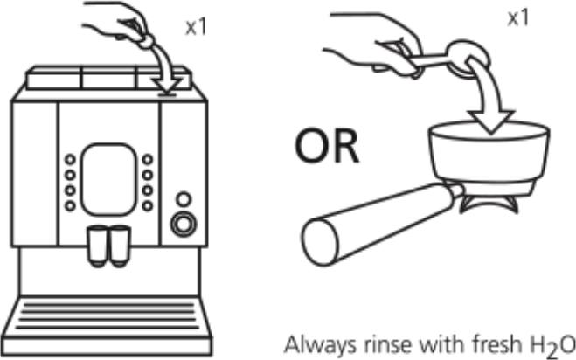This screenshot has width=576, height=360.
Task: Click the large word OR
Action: (x=327, y=145)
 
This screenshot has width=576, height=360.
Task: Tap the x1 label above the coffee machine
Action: (x=196, y=27)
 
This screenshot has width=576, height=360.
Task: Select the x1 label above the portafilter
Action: (x=518, y=17)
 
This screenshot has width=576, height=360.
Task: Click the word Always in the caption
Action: (x=320, y=345)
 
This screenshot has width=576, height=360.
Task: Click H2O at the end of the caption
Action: (x=548, y=345)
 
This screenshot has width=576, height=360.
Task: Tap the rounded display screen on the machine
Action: (x=108, y=179)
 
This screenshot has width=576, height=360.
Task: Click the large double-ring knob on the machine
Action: (x=184, y=224)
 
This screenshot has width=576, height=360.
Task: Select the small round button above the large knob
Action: (x=184, y=199)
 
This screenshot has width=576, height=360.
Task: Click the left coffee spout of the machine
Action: (x=98, y=246)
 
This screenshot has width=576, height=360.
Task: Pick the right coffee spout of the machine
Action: (x=120, y=246)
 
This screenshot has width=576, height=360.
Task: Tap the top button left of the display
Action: (x=70, y=160)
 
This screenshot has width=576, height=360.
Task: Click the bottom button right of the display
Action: (x=148, y=206)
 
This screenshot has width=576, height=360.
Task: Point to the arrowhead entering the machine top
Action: (x=167, y=86)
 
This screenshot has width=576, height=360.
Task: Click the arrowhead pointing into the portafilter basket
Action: (x=491, y=121)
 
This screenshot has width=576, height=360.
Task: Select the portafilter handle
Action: (x=378, y=224)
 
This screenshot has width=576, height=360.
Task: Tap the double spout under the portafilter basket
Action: (x=489, y=204)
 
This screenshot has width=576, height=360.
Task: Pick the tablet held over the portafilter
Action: (x=468, y=59)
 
